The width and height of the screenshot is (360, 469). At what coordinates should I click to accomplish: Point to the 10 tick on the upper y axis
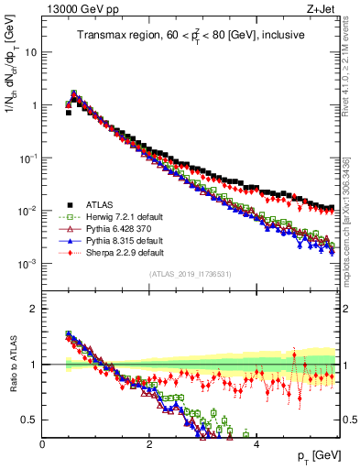[32, 52]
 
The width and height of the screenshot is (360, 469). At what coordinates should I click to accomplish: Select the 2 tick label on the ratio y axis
[35, 309]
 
